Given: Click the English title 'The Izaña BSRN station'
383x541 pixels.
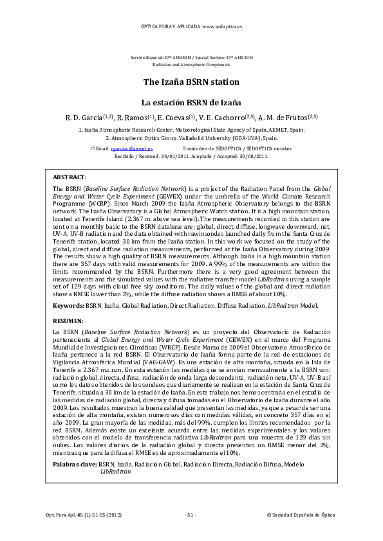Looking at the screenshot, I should pyautogui.click(x=191, y=82).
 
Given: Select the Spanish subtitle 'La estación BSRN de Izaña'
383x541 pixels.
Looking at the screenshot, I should pyautogui.click(x=191, y=102).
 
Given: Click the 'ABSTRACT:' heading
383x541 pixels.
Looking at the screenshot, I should pyautogui.click(x=70, y=176).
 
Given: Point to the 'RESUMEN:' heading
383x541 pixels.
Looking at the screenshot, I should pyautogui.click(x=68, y=320).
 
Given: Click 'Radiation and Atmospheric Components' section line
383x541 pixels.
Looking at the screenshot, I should pyautogui.click(x=191, y=66).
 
